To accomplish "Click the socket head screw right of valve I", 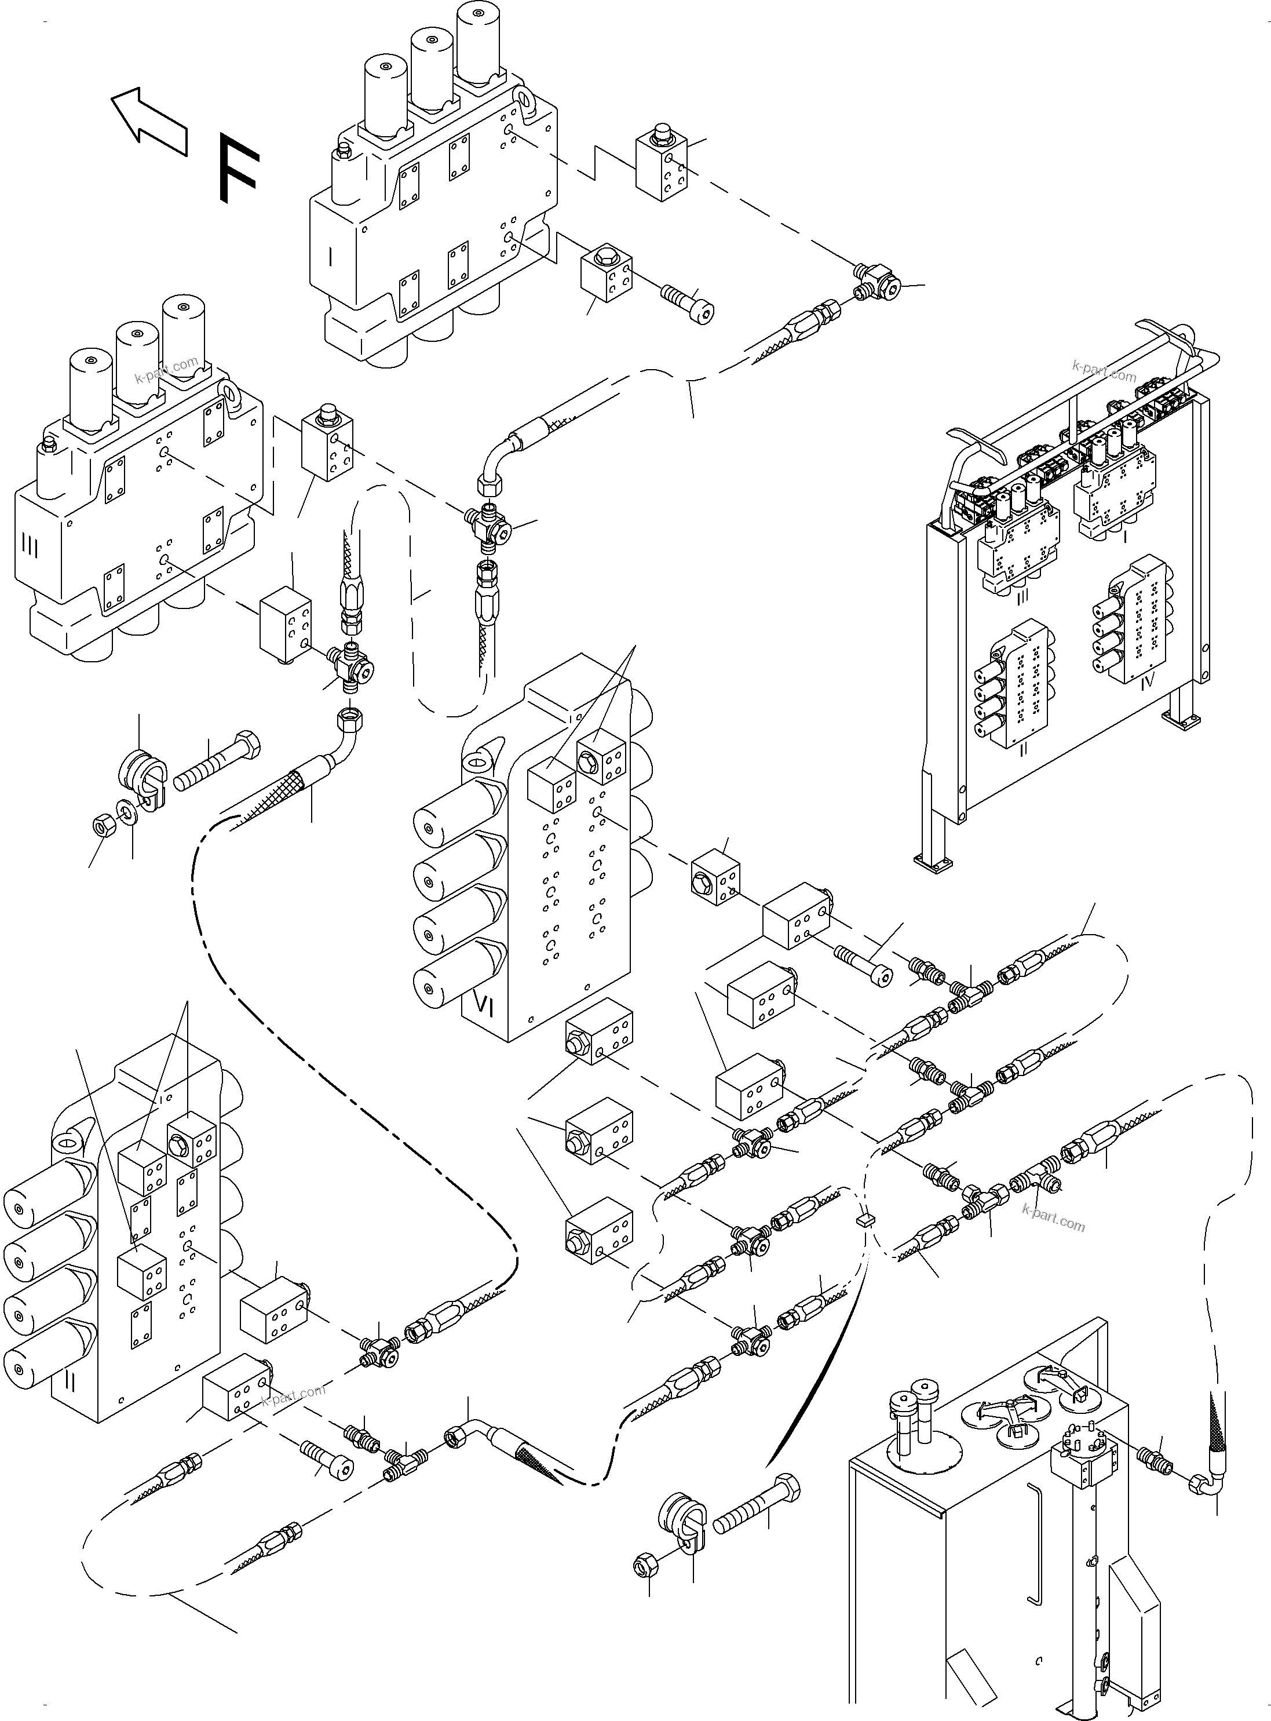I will pos(687,302).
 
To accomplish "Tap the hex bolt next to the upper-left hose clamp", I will pos(218,762).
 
